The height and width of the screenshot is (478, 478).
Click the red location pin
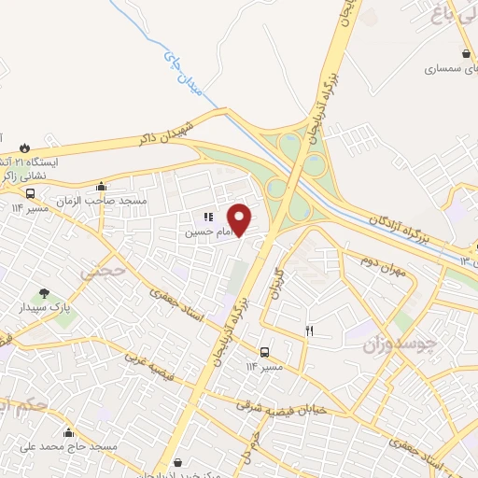click(241, 218)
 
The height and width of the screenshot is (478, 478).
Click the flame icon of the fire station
click(22, 147)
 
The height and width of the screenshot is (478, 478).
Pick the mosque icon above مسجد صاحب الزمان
click(101, 187)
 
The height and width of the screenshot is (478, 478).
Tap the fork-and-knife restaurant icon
click(309, 331)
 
